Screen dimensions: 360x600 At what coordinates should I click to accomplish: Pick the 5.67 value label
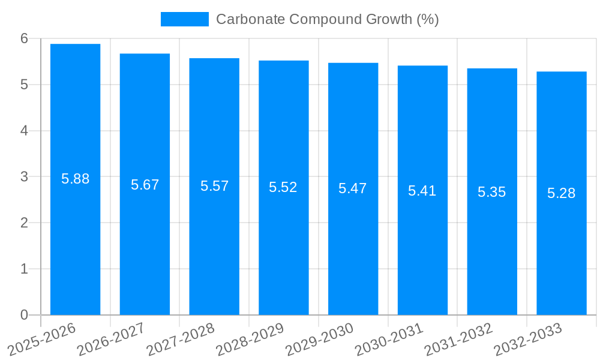(x=145, y=185)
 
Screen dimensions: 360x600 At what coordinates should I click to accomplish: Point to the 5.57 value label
(x=214, y=186)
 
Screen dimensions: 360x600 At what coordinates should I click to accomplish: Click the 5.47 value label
(x=352, y=188)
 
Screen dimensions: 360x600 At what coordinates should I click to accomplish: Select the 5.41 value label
(x=422, y=191)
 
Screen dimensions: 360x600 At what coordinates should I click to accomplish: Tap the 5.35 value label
(x=491, y=192)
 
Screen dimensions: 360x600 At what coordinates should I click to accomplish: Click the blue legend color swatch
(x=184, y=19)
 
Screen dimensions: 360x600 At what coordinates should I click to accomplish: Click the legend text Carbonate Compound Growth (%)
(x=327, y=19)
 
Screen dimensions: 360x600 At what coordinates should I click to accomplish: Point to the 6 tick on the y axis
(x=24, y=38)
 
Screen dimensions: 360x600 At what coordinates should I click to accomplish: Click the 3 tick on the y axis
(x=24, y=177)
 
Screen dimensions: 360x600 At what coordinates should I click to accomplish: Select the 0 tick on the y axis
(x=24, y=315)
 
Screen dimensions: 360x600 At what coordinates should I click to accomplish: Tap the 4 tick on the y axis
(x=24, y=131)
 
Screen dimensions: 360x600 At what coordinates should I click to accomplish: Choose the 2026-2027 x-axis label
(x=111, y=339)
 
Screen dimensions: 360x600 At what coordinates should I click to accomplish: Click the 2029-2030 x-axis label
(x=319, y=339)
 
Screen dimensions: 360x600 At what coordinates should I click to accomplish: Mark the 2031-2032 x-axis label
(x=458, y=339)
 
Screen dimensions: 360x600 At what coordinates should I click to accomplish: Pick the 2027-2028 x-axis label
(x=181, y=339)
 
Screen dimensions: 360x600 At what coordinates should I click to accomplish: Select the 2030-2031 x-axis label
(x=389, y=339)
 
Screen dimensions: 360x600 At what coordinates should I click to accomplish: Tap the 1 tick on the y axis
(x=24, y=269)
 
